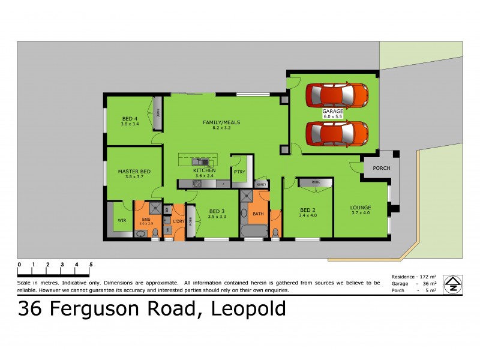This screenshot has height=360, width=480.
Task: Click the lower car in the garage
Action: [337, 133]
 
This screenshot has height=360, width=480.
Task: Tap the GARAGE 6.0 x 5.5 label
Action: [332, 114]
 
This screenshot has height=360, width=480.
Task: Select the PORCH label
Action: [381, 168]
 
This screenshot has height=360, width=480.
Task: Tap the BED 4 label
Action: [130, 121]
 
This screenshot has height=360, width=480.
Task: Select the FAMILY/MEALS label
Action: [221, 125]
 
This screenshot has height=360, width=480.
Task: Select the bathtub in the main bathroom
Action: [254, 231]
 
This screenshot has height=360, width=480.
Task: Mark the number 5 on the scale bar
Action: [91, 264]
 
